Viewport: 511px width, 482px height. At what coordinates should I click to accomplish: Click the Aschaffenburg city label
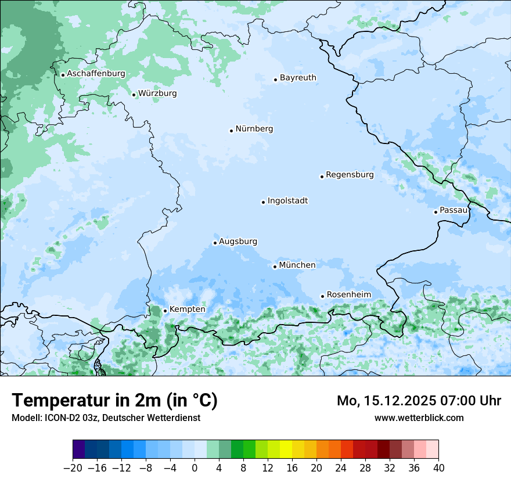pos(96,74)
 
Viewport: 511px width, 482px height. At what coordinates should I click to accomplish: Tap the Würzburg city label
pos(157,93)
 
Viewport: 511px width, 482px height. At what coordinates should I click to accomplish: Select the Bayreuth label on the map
pos(298,78)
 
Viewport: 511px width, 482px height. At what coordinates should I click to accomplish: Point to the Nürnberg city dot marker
pos(231,131)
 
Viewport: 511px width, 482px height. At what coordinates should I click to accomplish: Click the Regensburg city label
pos(350,175)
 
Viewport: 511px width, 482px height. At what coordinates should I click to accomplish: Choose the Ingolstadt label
pos(287,201)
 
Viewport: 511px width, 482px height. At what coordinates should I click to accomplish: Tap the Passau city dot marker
pos(436,212)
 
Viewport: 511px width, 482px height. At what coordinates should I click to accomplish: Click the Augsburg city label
pos(238,242)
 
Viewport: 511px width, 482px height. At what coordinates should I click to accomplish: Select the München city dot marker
pos(275,267)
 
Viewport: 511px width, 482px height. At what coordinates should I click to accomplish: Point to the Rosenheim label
pos(348,295)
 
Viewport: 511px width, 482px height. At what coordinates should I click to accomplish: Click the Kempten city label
pos(187,310)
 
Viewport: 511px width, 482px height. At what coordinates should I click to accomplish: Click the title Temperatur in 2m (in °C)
pos(114,401)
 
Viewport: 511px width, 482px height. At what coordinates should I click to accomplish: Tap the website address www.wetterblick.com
pos(419,418)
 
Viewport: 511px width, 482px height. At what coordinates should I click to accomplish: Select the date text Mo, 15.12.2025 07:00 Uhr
pos(419,401)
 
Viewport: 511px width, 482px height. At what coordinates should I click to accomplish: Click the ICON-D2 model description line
pos(106,418)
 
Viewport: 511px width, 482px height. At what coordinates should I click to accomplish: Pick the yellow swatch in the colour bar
pos(286,449)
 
